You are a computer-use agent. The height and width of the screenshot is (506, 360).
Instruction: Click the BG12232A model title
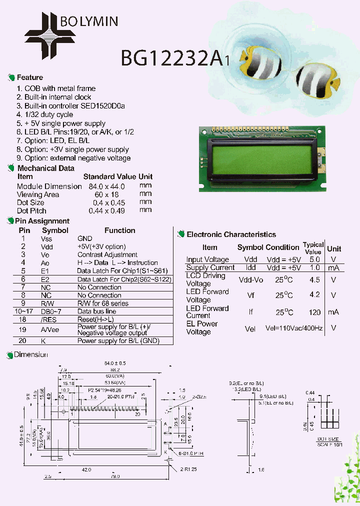pos(172,59)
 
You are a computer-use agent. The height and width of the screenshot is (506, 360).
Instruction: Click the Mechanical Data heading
pos(45,168)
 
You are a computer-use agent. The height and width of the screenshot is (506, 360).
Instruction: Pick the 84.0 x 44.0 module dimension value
pos(106,186)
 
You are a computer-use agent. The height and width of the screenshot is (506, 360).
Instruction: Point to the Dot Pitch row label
pos(31,210)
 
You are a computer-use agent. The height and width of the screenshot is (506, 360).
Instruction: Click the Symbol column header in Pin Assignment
pos(55,230)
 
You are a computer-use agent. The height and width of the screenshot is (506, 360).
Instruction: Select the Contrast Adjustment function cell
pos(107,254)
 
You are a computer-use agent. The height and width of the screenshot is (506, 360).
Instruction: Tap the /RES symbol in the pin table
pos(46,319)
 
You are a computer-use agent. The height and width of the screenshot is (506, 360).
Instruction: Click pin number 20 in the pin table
pos(23,340)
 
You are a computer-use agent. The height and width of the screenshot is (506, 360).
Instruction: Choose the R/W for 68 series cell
pos(103,303)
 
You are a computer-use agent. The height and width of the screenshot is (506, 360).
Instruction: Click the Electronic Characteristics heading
pos(231,234)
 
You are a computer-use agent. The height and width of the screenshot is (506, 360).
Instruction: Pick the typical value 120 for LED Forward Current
pos(314,311)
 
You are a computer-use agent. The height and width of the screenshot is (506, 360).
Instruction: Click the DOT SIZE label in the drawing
pos(328,439)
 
